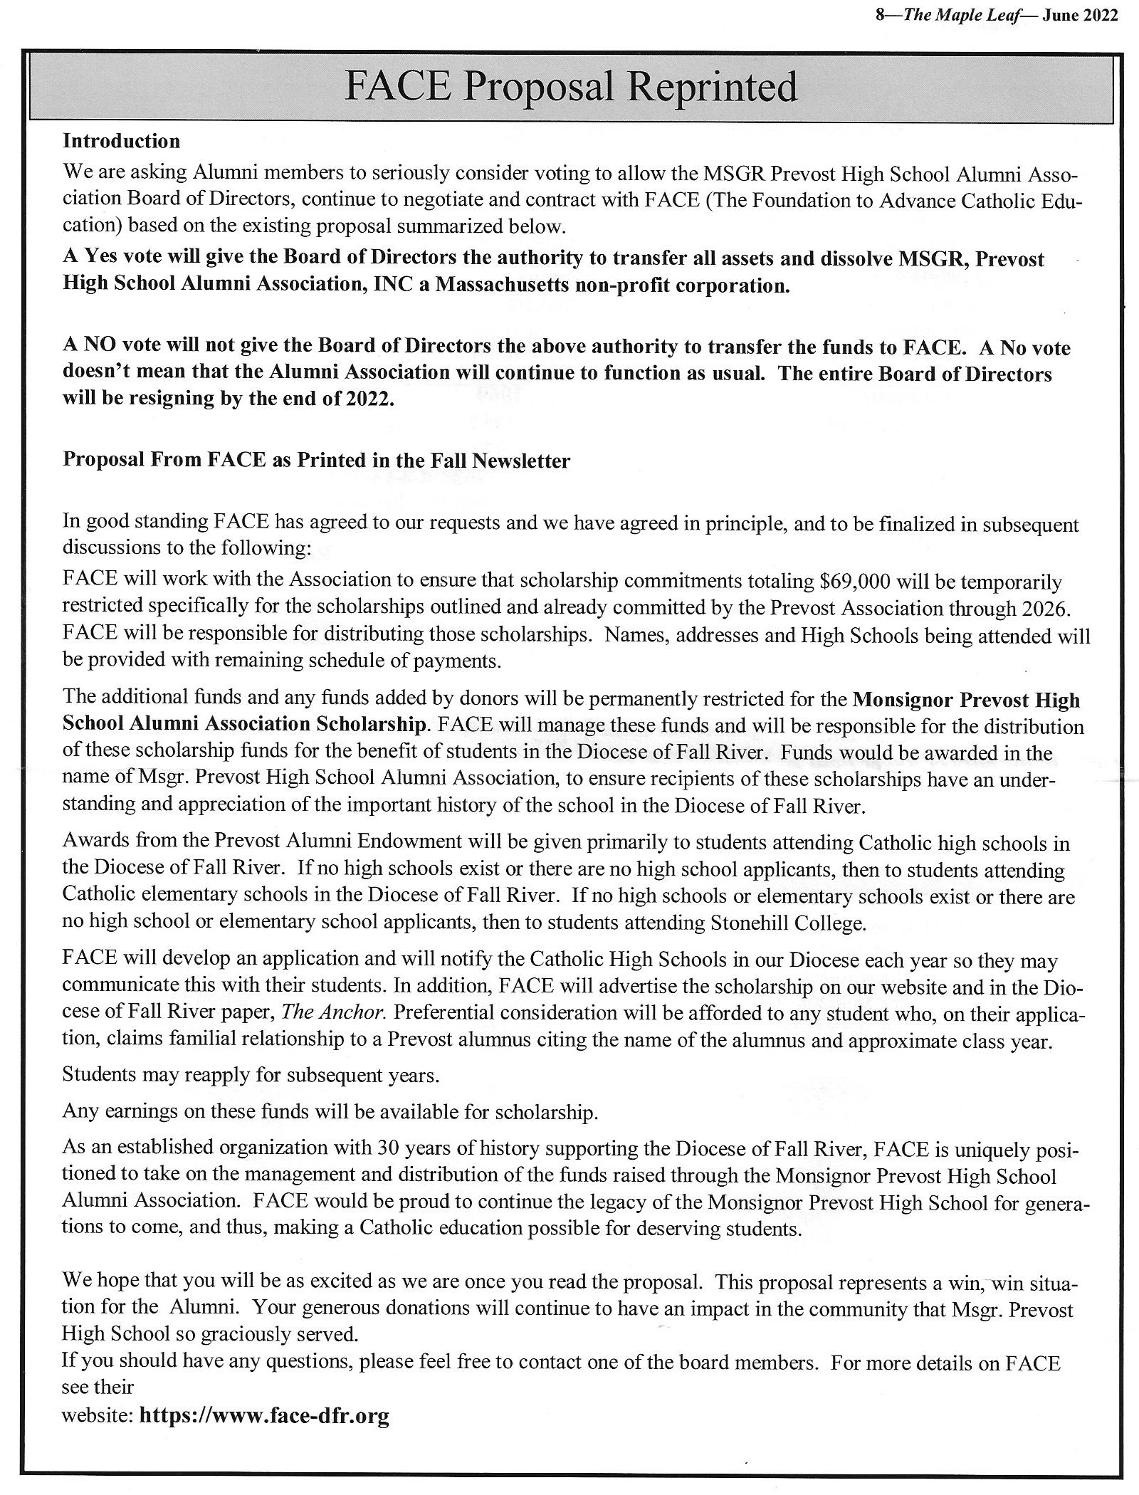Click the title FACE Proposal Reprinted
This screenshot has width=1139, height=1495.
(570, 87)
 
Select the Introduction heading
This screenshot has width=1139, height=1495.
(122, 141)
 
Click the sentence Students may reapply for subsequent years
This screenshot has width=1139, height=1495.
(251, 1074)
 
